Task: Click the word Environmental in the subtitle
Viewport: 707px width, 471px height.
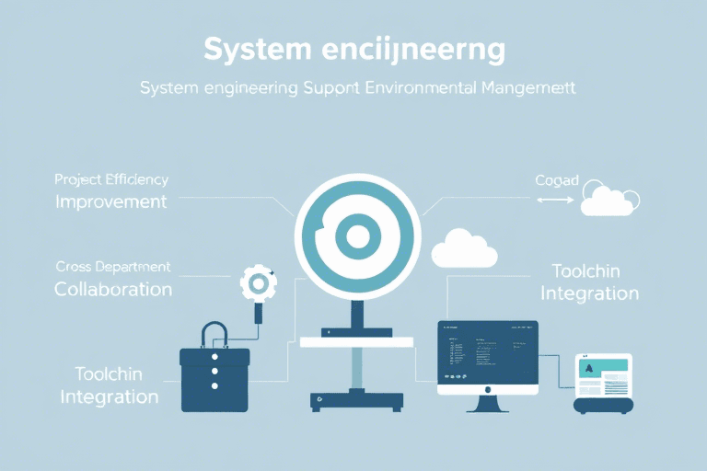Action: pos(414,89)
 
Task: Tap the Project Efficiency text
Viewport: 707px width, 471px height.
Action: pos(110,179)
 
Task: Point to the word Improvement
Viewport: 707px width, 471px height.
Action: pos(110,201)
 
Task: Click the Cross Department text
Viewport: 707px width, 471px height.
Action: pos(112,267)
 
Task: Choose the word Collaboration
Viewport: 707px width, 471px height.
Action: pos(112,289)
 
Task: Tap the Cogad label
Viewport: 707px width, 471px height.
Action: pos(557,180)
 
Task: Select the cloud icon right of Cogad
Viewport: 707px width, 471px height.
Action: pos(608,200)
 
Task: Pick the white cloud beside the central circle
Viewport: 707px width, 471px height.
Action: pos(464,247)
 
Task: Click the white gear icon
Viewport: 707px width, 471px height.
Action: pos(257,284)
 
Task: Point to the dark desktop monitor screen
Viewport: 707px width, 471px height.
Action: pos(488,353)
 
